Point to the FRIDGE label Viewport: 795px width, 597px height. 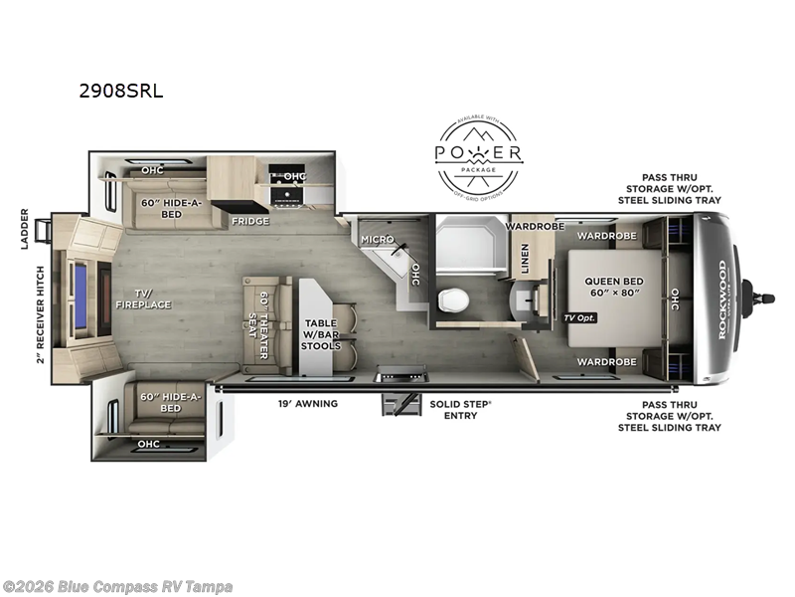click(x=249, y=221)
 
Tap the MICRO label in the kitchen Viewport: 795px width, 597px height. click(x=377, y=240)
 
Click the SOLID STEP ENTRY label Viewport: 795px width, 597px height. click(x=453, y=409)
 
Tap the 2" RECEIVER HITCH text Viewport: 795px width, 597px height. click(x=41, y=313)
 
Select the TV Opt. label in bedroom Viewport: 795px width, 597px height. click(x=582, y=316)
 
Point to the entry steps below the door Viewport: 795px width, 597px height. click(x=400, y=404)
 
